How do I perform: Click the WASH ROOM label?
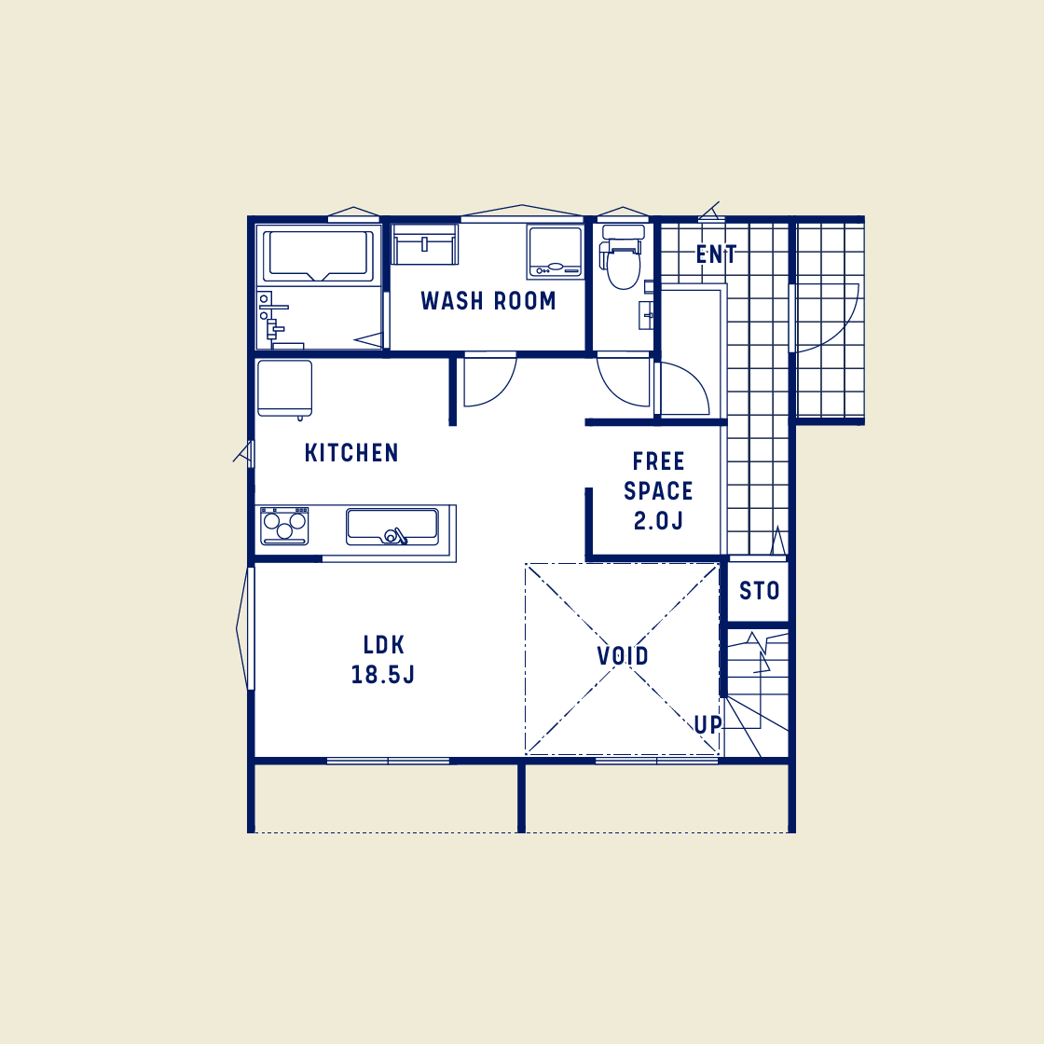488,301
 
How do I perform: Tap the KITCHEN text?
351,453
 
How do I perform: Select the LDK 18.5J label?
383,659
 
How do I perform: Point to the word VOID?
623,656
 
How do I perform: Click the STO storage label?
759,590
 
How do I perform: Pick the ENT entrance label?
716,254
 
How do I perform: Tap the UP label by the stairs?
707,724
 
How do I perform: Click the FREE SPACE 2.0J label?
658,490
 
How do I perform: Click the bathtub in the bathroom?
318,254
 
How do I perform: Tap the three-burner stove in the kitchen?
284,527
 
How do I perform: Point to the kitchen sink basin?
391,527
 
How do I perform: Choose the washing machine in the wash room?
556,252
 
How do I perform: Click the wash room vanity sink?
425,245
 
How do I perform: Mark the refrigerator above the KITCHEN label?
284,389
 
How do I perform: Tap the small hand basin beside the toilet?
646,314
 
